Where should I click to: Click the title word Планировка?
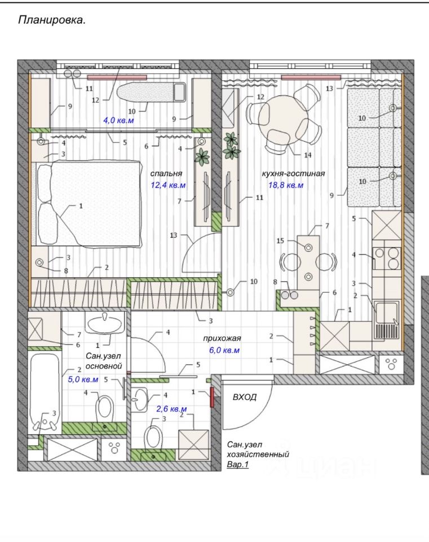[x=51, y=20]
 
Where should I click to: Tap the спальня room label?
[x=166, y=173]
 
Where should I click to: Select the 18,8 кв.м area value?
[x=286, y=185]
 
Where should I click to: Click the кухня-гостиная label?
[x=293, y=173]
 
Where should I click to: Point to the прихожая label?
[x=222, y=338]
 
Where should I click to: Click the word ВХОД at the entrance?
[x=244, y=397]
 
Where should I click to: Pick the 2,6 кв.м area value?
[x=171, y=409]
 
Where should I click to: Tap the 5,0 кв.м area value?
[x=83, y=379]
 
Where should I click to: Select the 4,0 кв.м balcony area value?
[x=118, y=120]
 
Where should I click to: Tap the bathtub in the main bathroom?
[x=45, y=394]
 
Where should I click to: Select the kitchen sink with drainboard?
[x=387, y=320]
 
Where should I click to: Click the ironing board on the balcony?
[x=152, y=92]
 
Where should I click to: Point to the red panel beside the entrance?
[x=212, y=397]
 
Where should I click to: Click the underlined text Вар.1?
[x=237, y=464]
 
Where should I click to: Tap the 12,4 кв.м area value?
[x=168, y=185]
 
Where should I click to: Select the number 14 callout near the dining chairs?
[x=307, y=155]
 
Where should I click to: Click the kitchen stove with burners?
[x=387, y=259]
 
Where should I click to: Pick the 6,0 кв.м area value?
[x=224, y=350]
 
